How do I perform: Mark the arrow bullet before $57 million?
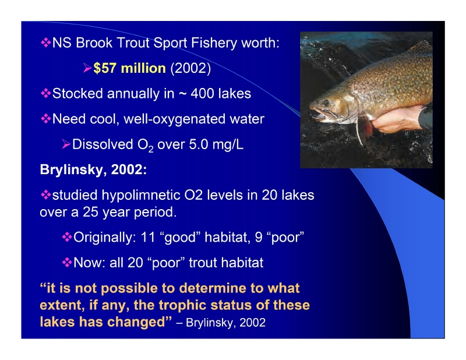pos(87,69)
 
